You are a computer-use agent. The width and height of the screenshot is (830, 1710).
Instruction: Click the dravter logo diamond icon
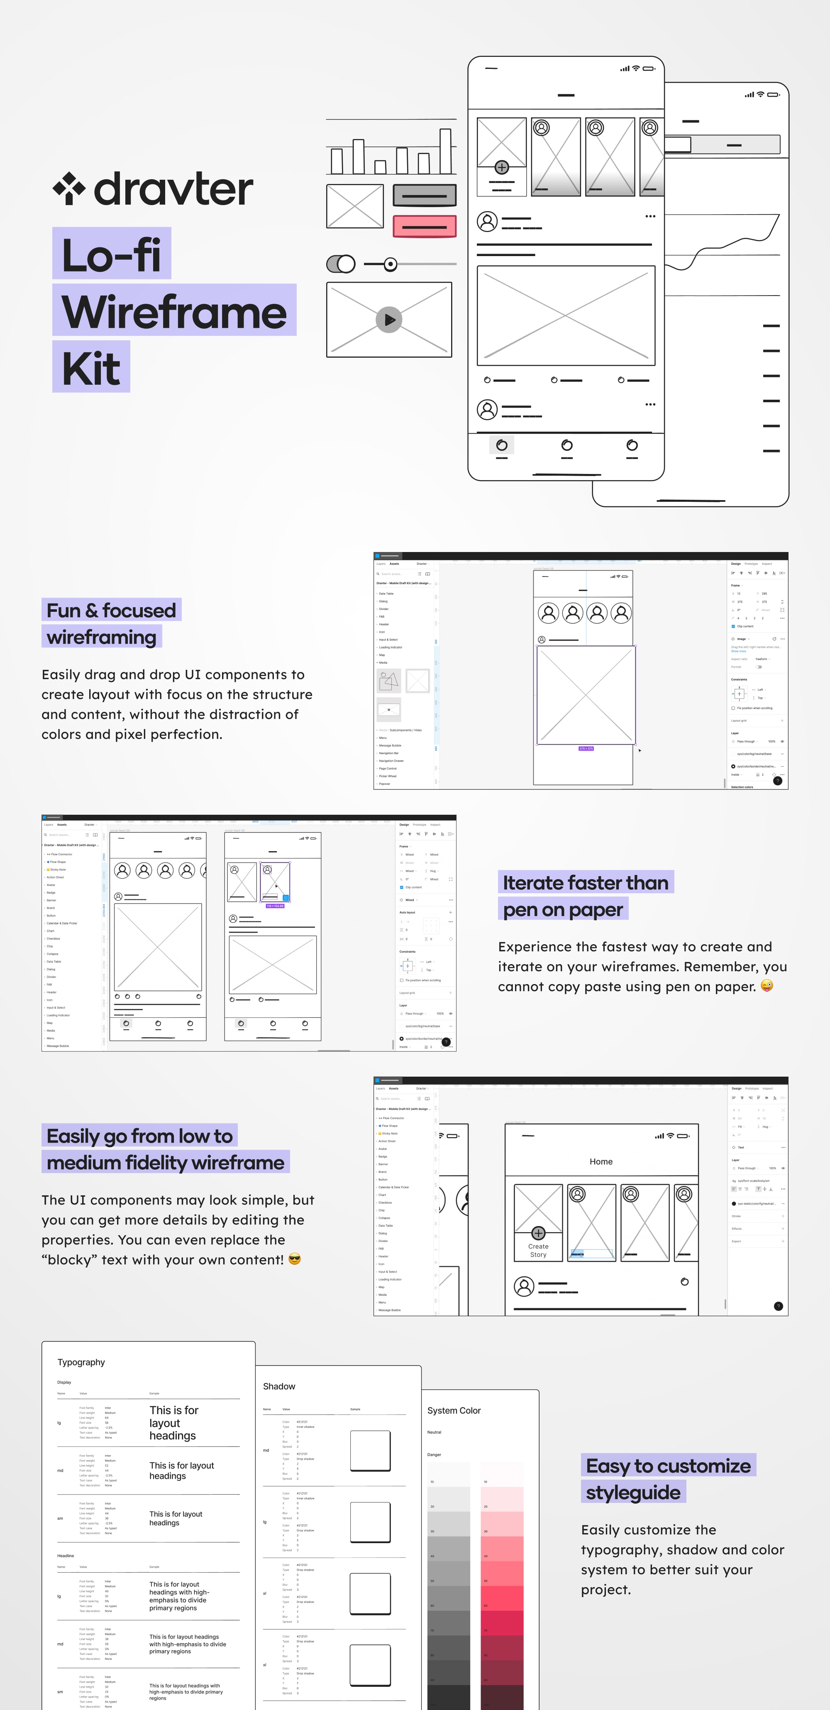69,188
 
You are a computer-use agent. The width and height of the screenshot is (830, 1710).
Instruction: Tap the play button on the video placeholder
389,319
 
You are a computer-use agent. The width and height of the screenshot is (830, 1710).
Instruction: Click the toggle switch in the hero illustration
341,264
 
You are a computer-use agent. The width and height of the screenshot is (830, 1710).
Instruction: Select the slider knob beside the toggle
391,264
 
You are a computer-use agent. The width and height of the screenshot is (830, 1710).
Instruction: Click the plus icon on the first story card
502,167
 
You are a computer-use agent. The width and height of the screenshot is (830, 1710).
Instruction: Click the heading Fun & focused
111,610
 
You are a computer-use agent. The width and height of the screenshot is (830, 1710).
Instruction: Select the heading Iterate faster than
585,882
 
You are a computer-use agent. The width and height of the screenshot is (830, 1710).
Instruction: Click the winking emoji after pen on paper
767,986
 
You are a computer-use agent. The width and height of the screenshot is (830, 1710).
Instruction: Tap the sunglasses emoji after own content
295,1259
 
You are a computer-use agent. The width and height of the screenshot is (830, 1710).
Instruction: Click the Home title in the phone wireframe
601,1161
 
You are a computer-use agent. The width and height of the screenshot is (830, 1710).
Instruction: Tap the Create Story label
538,1251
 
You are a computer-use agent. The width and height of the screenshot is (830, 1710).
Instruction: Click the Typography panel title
81,1362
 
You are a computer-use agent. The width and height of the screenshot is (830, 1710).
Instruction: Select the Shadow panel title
279,1386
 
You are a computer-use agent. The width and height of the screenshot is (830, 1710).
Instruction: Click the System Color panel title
454,1410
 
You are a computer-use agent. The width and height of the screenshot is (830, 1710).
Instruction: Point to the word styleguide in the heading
633,1492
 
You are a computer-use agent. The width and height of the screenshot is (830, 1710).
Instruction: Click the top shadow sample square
370,1451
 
